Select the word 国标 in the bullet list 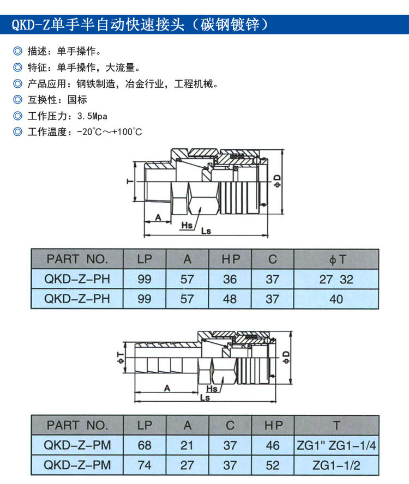point(77,100)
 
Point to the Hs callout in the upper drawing point(188,225)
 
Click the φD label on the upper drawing point(278,181)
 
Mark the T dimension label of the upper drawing point(129,182)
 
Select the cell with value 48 point(230,299)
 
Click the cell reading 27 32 point(336,280)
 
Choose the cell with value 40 point(336,299)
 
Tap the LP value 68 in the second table point(145,445)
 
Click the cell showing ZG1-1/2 point(336,465)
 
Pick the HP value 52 point(273,465)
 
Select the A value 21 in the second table point(187,445)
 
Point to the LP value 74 point(145,465)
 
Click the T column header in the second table point(336,425)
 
